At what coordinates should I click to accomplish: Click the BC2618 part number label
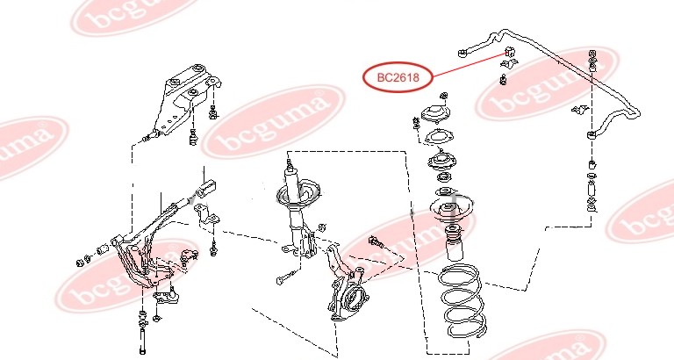tap(398, 78)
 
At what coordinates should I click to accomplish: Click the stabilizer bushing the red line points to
tap(509, 52)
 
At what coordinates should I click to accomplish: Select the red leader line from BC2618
tap(470, 64)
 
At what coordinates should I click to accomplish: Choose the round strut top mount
tap(435, 115)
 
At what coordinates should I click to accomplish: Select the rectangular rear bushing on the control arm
tap(206, 189)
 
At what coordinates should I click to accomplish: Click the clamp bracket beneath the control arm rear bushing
tap(206, 213)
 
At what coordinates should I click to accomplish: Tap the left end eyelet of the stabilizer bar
tap(462, 53)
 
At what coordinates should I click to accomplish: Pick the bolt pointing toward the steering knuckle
tap(376, 242)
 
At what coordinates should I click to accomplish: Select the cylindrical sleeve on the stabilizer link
tap(592, 190)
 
